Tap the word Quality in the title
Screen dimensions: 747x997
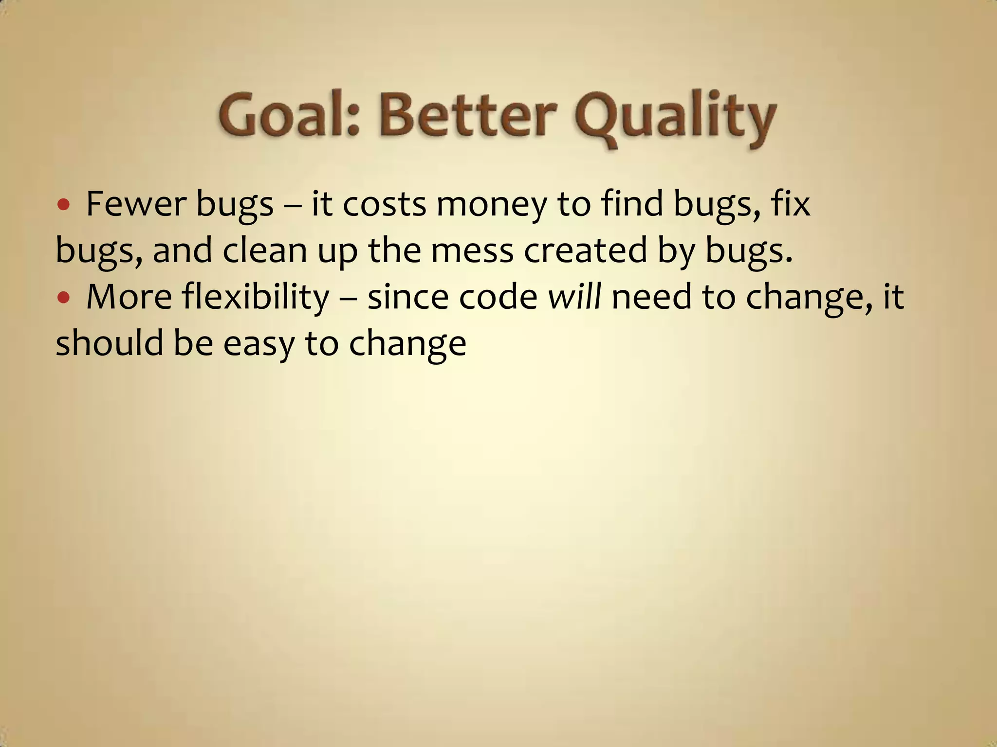coord(676,117)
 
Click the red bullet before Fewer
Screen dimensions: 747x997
coord(63,204)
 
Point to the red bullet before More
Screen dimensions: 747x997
coord(63,297)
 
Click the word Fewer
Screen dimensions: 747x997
coord(136,204)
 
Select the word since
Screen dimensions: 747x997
coord(407,297)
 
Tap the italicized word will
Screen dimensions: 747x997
coord(574,297)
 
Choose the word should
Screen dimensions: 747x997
coord(110,342)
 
